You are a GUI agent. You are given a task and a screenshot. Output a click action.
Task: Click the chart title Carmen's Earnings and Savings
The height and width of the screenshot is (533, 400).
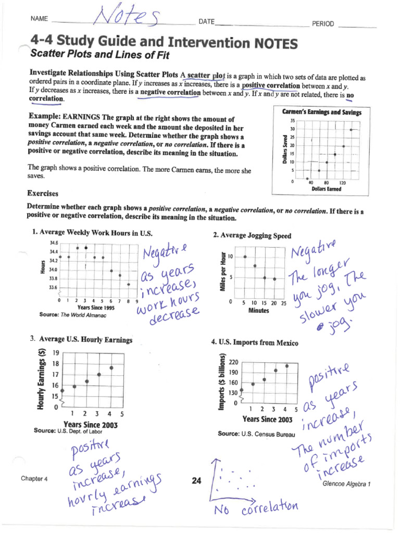pyautogui.click(x=321, y=112)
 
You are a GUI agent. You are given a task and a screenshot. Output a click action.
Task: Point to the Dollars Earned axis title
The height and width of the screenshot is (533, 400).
pyautogui.click(x=327, y=189)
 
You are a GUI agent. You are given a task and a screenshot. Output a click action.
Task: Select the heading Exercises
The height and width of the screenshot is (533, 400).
pyautogui.click(x=43, y=193)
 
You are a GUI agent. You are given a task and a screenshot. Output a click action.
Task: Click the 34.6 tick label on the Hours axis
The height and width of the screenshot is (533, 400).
pyautogui.click(x=54, y=243)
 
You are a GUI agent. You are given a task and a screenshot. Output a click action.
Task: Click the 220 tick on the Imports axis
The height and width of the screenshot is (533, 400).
pyautogui.click(x=233, y=362)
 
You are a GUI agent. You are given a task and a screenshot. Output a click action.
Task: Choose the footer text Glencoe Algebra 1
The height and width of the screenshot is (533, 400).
pyautogui.click(x=346, y=484)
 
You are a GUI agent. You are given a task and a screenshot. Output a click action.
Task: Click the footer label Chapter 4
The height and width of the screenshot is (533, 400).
pyautogui.click(x=34, y=478)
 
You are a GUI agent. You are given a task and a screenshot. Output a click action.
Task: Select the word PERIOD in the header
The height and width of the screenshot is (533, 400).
pyautogui.click(x=323, y=24)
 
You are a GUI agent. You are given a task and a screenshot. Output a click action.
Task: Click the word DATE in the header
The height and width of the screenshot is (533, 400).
pyautogui.click(x=206, y=22)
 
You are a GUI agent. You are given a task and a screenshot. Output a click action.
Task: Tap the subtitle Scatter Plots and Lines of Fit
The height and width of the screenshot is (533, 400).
pyautogui.click(x=100, y=54)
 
